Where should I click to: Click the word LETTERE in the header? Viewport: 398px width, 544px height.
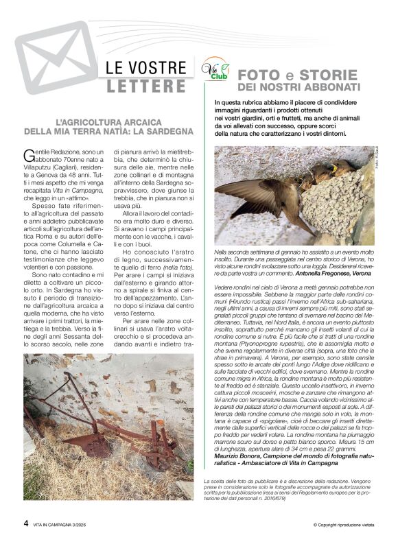(146, 87)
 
